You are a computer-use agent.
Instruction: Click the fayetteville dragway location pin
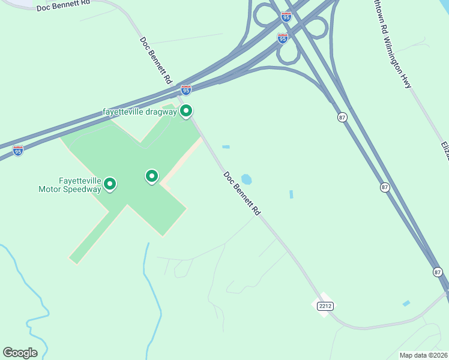186,111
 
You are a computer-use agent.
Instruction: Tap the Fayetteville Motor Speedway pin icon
110,184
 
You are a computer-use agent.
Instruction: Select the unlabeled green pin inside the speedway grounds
152,176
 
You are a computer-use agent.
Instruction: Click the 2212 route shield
325,306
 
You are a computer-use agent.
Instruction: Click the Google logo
20,353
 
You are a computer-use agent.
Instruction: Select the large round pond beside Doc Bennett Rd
246,179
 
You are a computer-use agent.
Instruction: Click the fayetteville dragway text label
139,112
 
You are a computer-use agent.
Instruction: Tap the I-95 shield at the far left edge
18,150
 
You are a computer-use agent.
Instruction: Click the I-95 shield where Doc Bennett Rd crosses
186,90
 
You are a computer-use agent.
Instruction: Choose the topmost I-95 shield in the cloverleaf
286,17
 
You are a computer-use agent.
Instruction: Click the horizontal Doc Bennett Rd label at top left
63,5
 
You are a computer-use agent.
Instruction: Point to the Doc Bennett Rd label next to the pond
243,194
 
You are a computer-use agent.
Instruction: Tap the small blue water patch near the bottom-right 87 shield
406,304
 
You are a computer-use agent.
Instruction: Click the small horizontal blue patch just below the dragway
226,146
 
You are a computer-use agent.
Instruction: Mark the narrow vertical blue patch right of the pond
291,194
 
